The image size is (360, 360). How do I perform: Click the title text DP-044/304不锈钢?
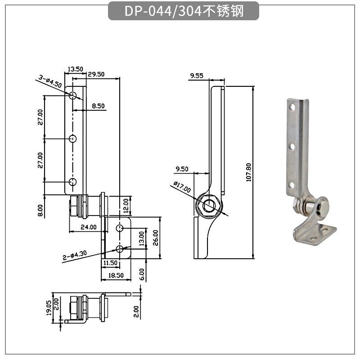pos(184,11)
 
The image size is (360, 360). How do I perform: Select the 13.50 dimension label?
pos(75,69)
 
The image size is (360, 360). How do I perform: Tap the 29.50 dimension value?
pos(96,74)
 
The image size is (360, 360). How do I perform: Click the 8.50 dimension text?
pos(98,106)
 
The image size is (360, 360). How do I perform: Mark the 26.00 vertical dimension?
pos(155,238)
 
